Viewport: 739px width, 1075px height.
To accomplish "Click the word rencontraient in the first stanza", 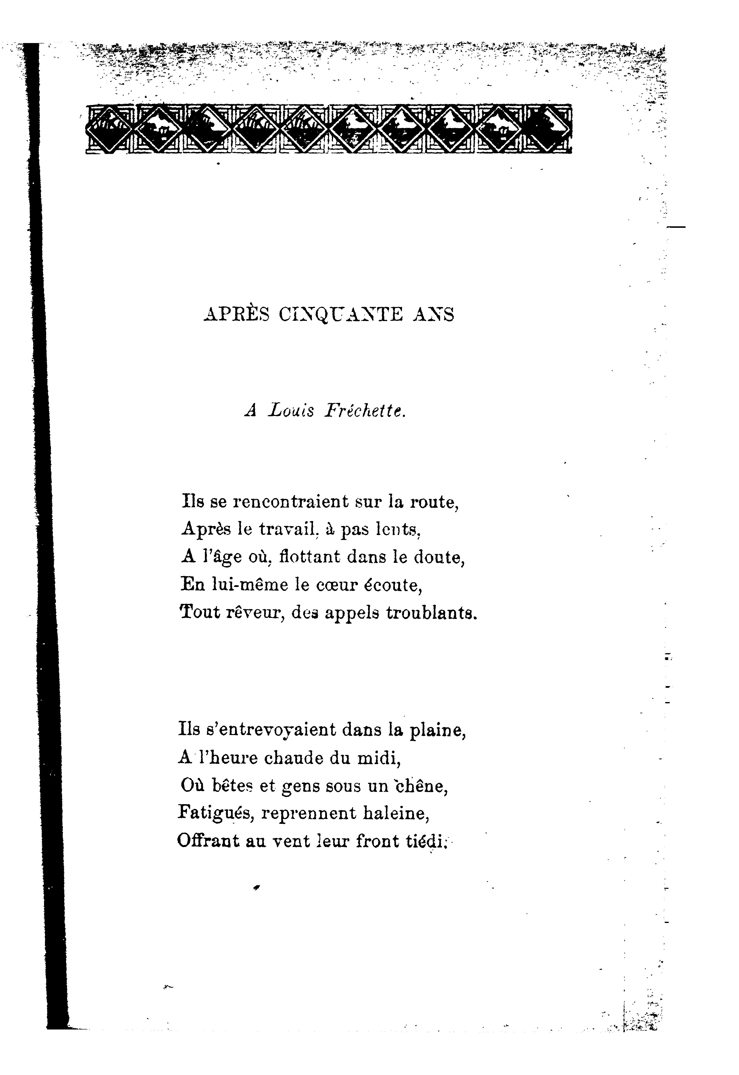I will click(290, 502).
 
